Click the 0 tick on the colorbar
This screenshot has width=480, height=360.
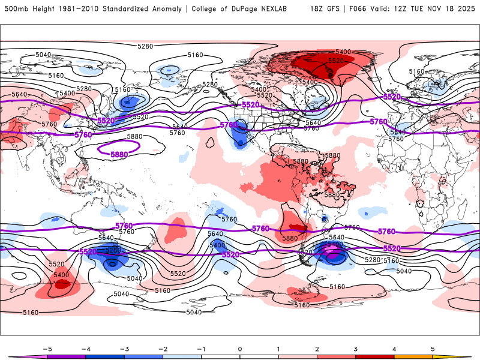tap(239, 348)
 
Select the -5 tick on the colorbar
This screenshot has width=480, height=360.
tap(47, 348)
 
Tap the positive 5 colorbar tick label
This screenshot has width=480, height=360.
tap(432, 348)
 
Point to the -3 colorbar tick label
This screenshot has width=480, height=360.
tap(124, 348)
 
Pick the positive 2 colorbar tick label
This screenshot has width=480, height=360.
tap(317, 348)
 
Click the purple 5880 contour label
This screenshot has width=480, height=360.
tap(119, 154)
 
